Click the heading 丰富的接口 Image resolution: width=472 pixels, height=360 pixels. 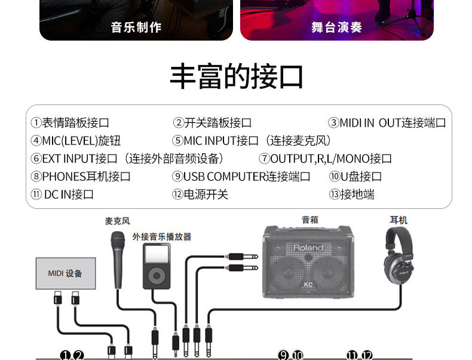coord(236,77)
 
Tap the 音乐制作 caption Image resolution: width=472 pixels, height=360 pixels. coord(136,27)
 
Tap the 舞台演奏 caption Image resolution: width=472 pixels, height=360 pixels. coord(336,27)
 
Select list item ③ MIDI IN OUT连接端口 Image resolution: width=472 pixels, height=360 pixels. coord(387,123)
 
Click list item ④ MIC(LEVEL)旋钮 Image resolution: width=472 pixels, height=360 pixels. coord(76,141)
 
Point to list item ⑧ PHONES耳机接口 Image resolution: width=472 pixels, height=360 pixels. coord(81,177)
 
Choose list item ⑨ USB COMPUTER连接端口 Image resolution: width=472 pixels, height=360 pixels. coord(241,177)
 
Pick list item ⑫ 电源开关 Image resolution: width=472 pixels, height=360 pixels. coord(200,195)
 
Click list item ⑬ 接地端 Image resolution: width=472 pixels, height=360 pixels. coord(351,195)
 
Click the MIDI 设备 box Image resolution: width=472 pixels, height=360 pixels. coord(66,273)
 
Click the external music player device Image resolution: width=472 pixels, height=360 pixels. coord(156,265)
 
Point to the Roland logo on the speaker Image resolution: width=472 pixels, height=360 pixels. coord(308,247)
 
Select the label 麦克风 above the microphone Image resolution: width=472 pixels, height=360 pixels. coord(117,221)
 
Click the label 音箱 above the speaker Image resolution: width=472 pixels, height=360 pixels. coord(309,220)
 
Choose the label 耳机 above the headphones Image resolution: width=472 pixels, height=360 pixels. coord(399,220)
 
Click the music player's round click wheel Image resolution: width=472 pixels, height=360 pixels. coord(156,276)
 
